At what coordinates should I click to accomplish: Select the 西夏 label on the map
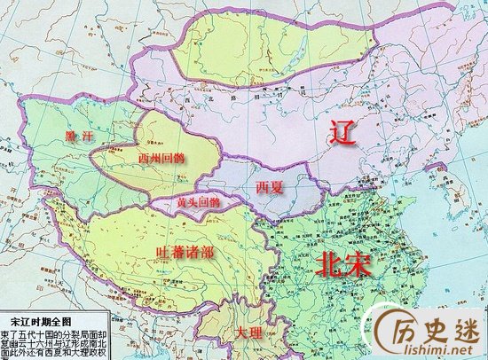[271, 188]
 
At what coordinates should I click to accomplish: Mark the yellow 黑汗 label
[79, 136]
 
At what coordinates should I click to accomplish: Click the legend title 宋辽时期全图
[51, 317]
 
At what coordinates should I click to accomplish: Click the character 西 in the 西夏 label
[263, 188]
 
